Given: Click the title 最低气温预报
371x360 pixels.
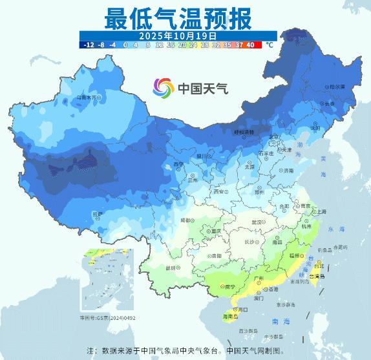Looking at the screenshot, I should coord(178,17).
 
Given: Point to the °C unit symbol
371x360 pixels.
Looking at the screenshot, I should coord(270,45).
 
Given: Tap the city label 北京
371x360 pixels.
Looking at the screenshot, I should coord(275,137).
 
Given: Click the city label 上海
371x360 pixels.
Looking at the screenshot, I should coord(321,211).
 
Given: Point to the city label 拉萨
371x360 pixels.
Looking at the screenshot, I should coord(96,213).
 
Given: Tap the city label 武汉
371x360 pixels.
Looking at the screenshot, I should coord(257,222).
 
